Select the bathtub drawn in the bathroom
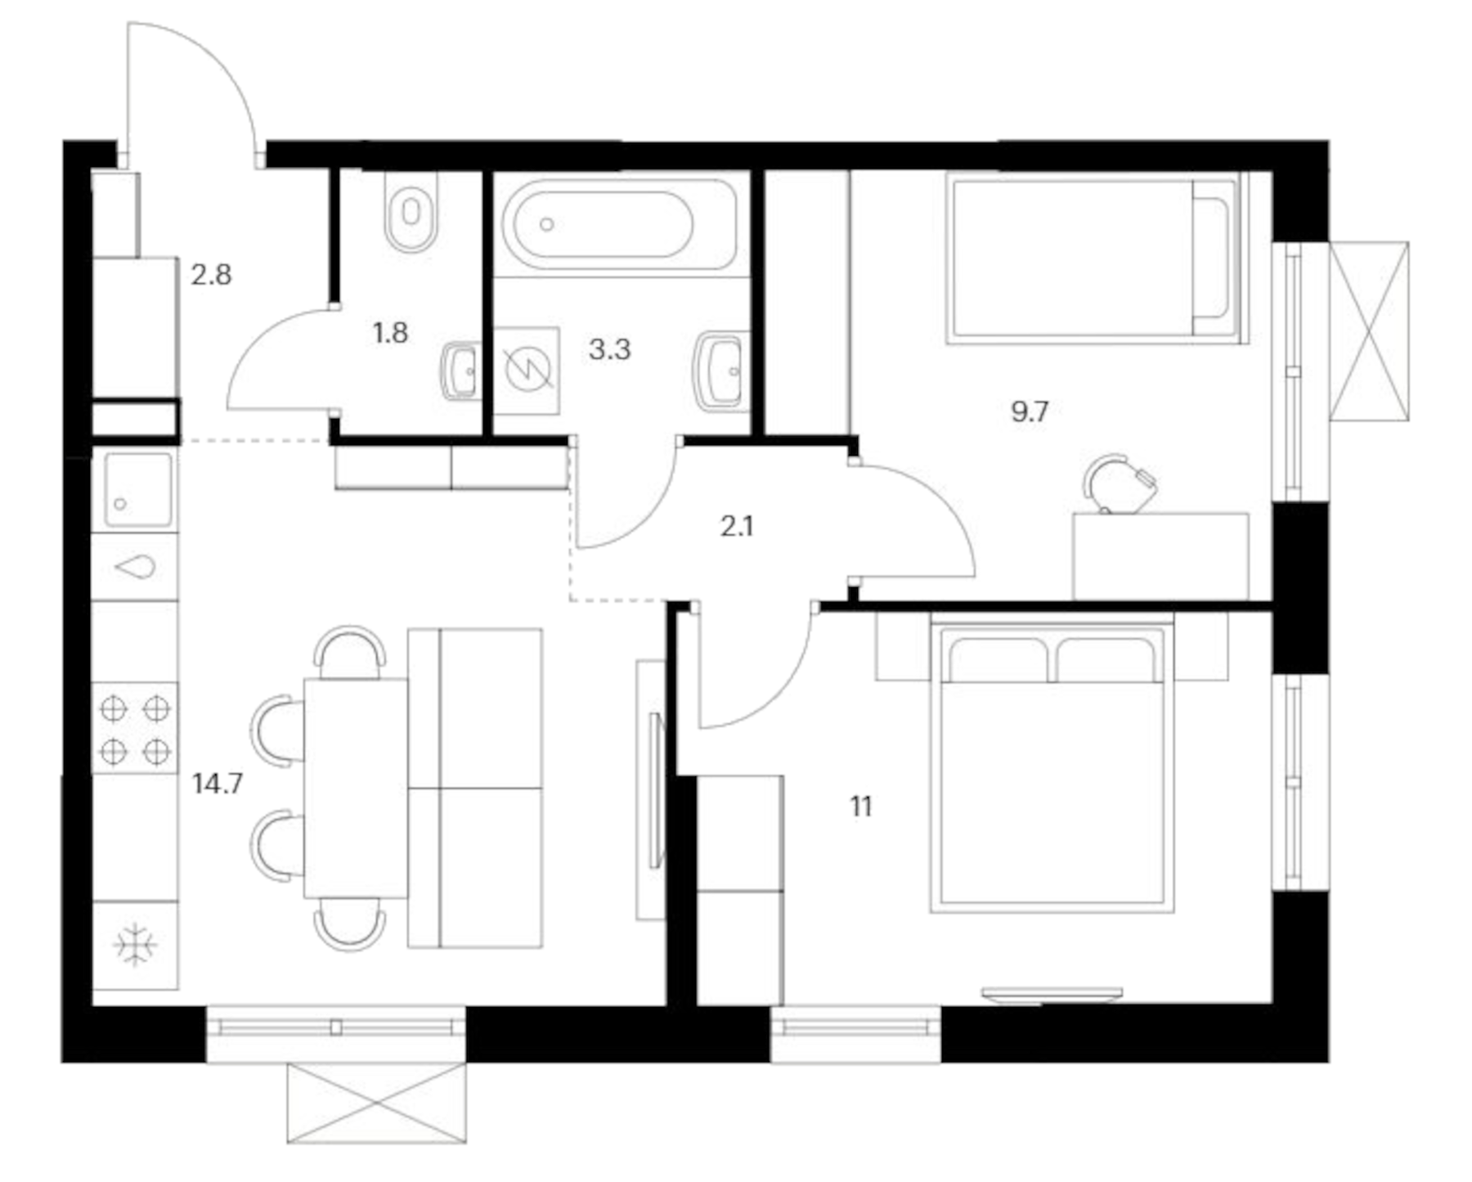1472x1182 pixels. point(620,224)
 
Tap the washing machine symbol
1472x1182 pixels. point(527,371)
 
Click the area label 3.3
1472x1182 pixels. point(609,350)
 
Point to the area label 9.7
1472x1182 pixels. point(1030,411)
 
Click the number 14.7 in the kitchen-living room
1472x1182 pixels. point(218,784)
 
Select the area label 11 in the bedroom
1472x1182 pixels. point(860,807)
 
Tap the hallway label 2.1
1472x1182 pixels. point(737,527)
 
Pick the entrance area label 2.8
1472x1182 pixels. point(211,275)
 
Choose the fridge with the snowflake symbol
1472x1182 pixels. point(135,946)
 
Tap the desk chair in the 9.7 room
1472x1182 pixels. point(1119,484)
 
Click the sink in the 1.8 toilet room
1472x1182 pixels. point(462,371)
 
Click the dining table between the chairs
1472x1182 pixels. point(355,789)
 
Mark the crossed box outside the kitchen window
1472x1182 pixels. point(376,1103)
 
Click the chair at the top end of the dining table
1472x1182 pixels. point(350,652)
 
